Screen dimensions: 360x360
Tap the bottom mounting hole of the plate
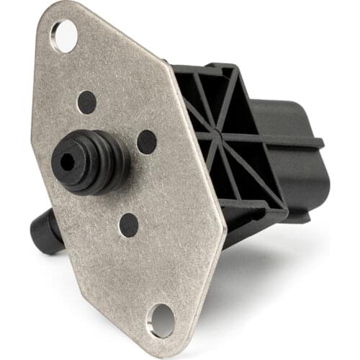pos(161,320)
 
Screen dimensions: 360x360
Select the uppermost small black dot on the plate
pos(86,102)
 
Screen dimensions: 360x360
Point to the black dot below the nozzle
pos(129,225)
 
